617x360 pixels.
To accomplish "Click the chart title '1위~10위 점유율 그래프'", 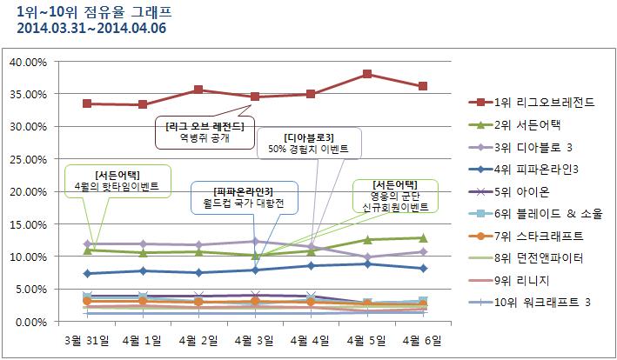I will pyautogui.click(x=83, y=11).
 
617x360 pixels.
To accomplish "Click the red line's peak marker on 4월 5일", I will pyautogui.click(x=367, y=74).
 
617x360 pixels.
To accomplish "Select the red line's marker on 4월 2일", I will pyautogui.click(x=198, y=90).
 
